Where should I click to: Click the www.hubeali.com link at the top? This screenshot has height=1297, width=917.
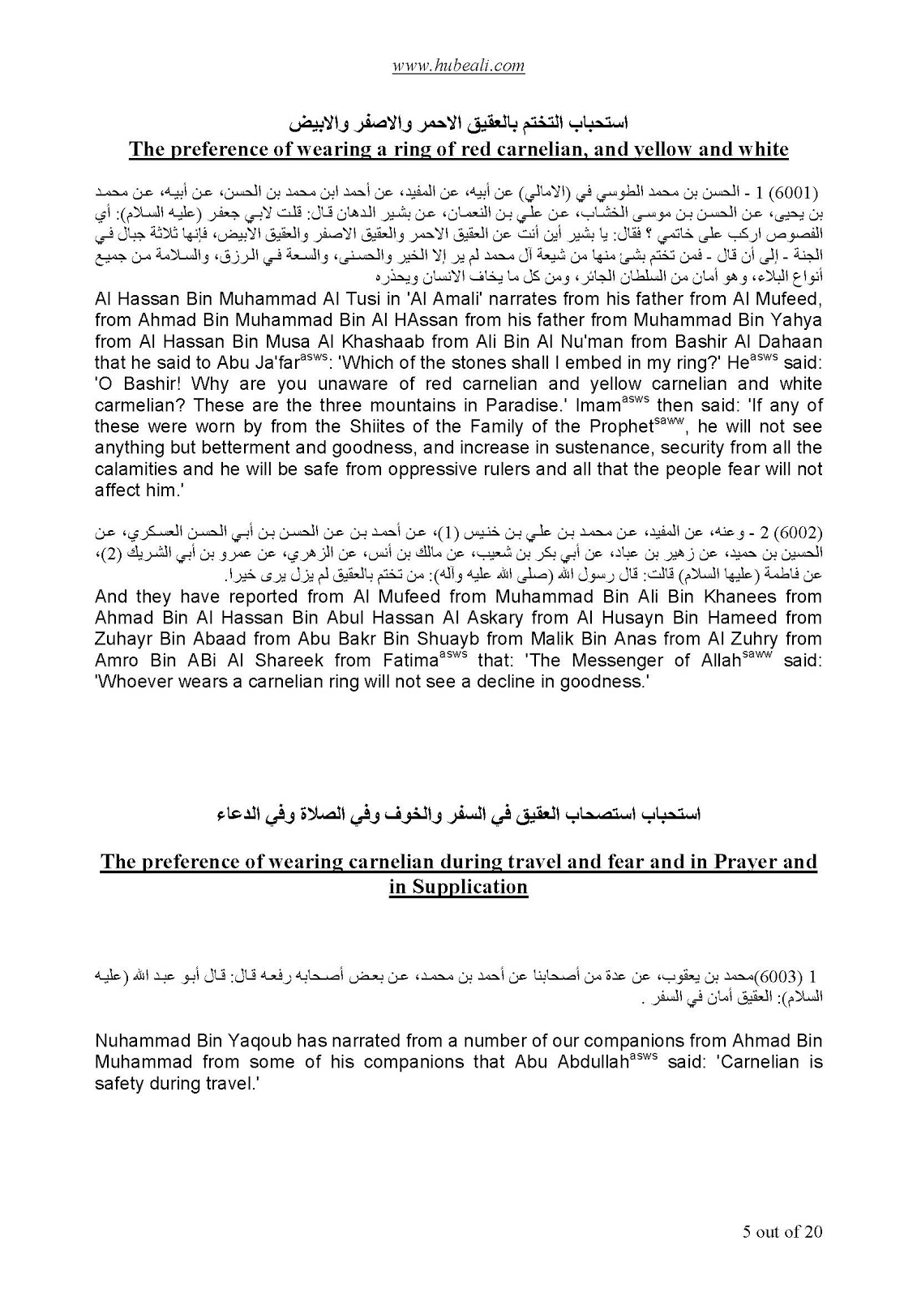458,66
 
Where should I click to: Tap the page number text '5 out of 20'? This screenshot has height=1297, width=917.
782,1232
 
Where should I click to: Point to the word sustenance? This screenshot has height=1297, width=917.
593,447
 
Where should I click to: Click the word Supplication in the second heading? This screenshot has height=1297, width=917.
458,886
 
